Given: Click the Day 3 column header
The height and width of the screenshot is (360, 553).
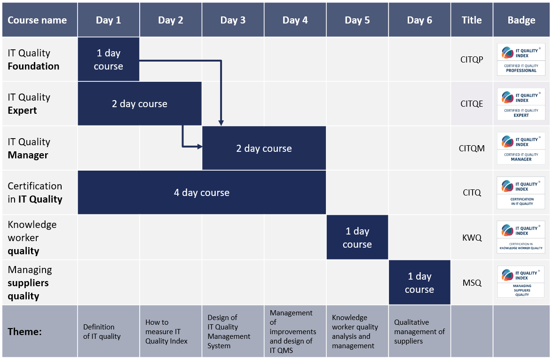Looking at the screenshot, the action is [x=233, y=20].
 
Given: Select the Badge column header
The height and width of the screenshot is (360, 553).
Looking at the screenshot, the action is [x=521, y=20].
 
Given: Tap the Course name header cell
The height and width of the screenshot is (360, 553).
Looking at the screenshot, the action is [x=39, y=20].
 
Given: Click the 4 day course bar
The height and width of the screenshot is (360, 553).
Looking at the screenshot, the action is [x=202, y=193].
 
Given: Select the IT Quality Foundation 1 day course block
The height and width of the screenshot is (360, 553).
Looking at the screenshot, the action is [x=109, y=59].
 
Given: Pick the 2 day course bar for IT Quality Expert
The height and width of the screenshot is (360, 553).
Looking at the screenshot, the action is [x=140, y=104].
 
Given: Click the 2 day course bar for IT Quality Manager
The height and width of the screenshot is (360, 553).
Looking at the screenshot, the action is [x=264, y=148].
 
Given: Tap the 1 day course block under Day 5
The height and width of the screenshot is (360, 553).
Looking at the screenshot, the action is [x=357, y=237].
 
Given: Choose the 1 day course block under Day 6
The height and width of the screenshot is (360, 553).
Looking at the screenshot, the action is [x=419, y=282].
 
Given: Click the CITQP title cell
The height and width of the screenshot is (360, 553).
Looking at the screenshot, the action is [x=472, y=60].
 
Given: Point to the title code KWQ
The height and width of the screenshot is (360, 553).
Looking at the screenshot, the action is [x=472, y=238].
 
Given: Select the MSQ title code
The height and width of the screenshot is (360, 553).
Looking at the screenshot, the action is [x=472, y=283].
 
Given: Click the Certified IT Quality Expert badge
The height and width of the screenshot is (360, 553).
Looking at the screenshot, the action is [x=521, y=104].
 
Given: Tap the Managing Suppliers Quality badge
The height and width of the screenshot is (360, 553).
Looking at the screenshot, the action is [x=521, y=282].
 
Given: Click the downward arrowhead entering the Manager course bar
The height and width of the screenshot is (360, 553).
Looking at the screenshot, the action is [x=221, y=123].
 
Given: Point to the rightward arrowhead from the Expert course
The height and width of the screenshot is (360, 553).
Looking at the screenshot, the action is [x=199, y=146].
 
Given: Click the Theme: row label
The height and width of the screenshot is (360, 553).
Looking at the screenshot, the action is [x=24, y=332].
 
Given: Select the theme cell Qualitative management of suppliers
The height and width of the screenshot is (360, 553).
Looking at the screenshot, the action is [x=419, y=331].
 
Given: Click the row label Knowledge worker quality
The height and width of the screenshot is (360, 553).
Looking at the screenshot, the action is [x=32, y=238].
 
